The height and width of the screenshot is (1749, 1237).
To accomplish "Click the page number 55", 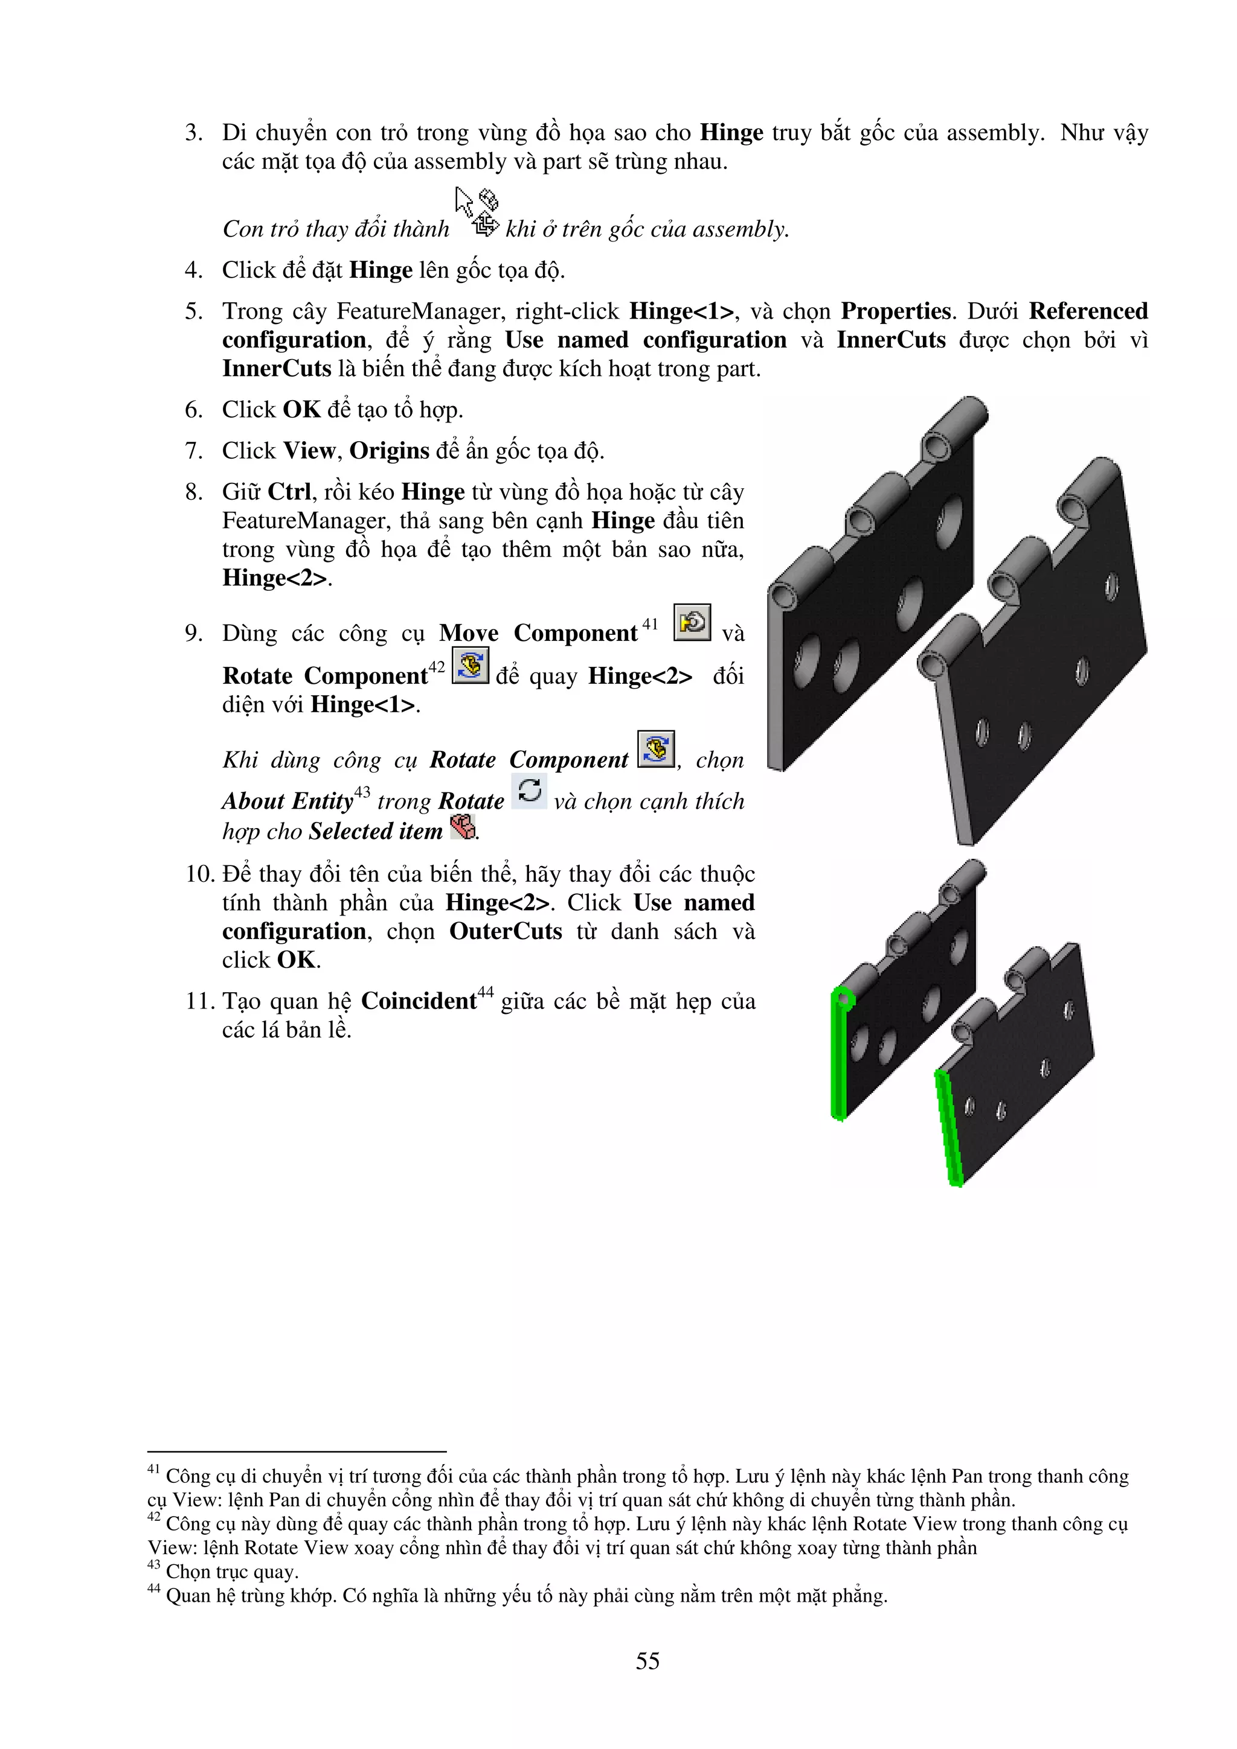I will click(647, 1661).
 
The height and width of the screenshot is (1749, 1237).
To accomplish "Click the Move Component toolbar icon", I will click(692, 622).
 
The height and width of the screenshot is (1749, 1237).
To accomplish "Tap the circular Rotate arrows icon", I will click(529, 790).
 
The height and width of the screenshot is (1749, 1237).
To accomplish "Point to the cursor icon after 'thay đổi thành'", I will click(477, 212).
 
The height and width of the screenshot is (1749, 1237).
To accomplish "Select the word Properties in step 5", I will click(896, 311).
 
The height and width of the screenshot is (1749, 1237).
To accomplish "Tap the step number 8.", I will click(194, 492).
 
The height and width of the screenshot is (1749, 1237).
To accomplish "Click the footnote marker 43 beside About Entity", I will click(362, 792).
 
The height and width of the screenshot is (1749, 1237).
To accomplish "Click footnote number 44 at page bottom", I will click(154, 1588).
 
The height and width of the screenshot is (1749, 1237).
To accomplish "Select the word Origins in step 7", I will click(390, 451).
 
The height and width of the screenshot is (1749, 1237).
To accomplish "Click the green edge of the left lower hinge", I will click(838, 1059).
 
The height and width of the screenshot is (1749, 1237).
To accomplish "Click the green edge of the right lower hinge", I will click(949, 1127).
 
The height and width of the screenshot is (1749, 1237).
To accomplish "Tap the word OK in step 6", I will click(302, 410).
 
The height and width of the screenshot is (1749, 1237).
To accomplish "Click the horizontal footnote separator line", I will click(297, 1452).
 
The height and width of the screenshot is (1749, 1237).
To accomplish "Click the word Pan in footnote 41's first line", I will click(967, 1476).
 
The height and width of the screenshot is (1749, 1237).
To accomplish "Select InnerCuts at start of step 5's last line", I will click(277, 369).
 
